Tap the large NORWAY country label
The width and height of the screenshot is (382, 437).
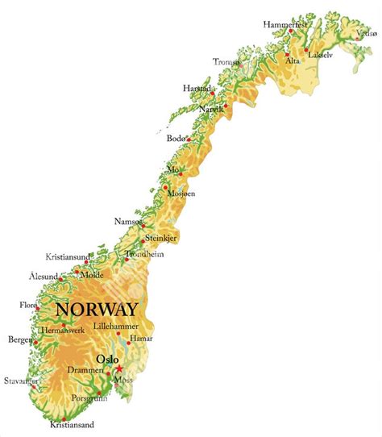96,310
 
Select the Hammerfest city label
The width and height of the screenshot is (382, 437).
285,25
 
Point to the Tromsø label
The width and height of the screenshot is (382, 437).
226,62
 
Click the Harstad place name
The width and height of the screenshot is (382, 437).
197,88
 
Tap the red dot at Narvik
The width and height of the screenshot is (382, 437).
226,106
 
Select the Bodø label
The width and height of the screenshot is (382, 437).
176,139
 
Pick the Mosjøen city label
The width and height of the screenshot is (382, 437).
181,194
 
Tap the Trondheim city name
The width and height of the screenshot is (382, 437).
144,254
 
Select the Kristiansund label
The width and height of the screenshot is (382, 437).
68,256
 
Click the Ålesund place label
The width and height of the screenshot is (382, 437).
43,277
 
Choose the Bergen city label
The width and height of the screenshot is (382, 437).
19,339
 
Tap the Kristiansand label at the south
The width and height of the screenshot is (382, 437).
73,424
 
